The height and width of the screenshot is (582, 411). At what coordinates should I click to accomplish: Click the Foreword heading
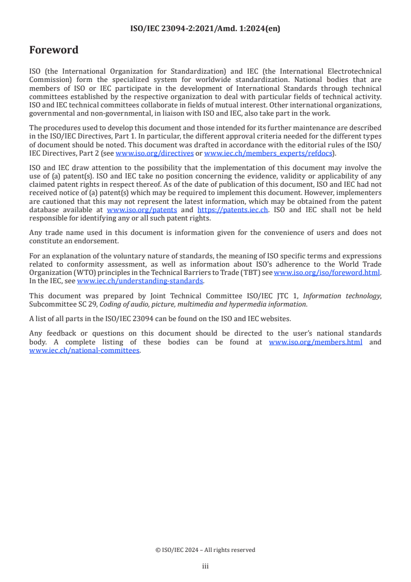[53, 50]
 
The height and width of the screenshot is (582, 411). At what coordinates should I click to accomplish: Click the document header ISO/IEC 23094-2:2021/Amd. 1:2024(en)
[205, 29]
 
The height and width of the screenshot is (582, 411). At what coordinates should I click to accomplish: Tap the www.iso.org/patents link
[141, 210]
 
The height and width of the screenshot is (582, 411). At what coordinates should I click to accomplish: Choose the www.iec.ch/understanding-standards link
[140, 281]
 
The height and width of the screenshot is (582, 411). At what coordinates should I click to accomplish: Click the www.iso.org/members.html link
[316, 342]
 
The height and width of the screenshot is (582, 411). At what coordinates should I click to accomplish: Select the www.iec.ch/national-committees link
[84, 350]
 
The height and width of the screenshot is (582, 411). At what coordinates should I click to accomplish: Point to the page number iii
[205, 566]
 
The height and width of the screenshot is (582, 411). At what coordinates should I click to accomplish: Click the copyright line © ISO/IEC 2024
[205, 550]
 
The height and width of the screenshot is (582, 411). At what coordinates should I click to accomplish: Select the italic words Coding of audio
[108, 304]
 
